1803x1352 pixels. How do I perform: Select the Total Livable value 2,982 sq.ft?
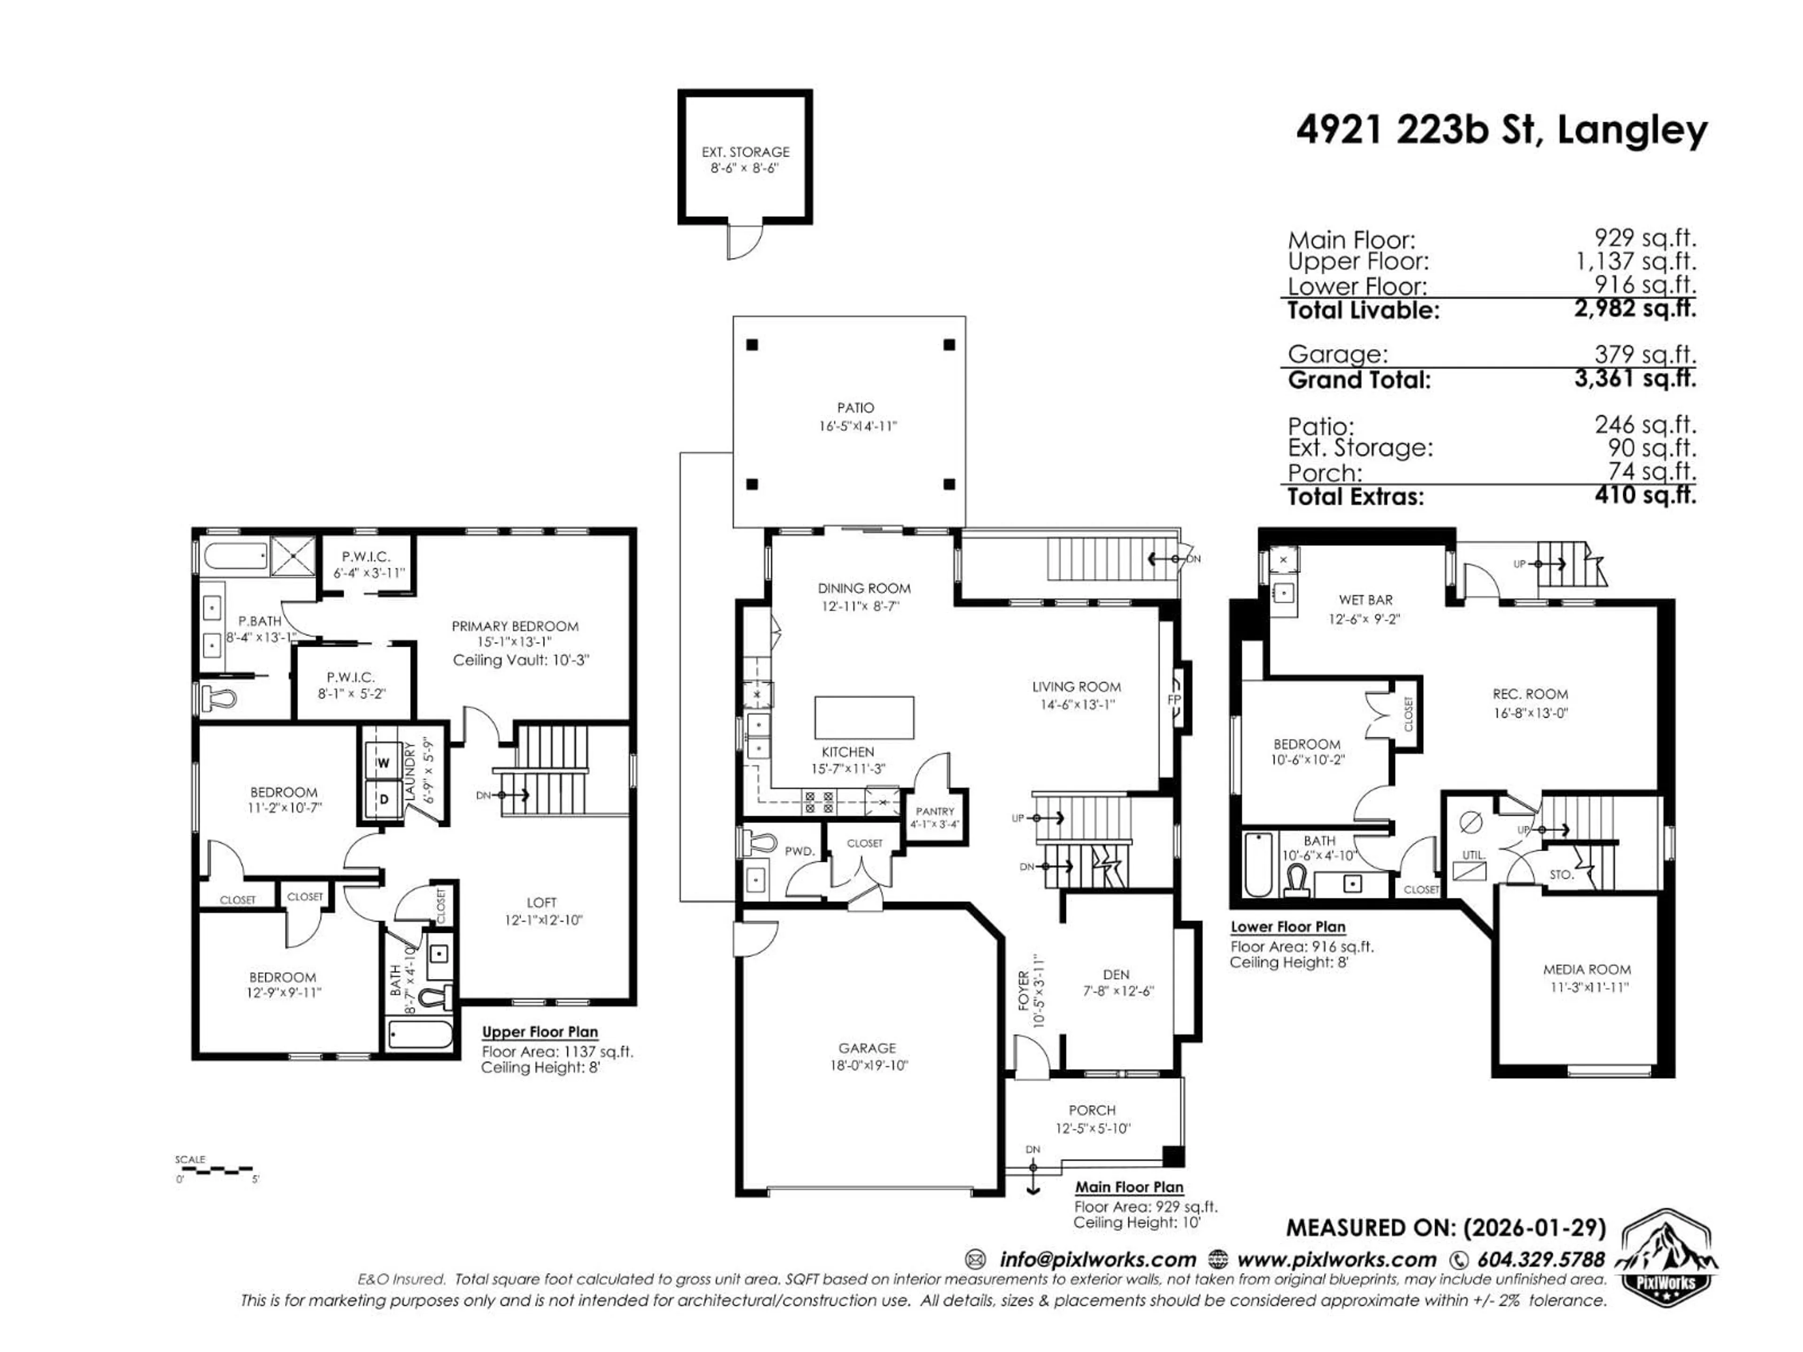click(x=1635, y=309)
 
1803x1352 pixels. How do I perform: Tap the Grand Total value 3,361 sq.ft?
click(x=1635, y=379)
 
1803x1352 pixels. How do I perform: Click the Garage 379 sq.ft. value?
click(x=1645, y=354)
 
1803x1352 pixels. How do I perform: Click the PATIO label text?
click(x=855, y=407)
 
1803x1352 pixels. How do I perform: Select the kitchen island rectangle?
click(x=864, y=717)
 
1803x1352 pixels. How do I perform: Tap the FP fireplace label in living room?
click(x=1174, y=699)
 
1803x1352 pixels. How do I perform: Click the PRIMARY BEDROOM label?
click(x=515, y=626)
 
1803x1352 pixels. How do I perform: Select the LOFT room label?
click(x=541, y=902)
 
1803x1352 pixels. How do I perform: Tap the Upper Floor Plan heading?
click(x=539, y=1032)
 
